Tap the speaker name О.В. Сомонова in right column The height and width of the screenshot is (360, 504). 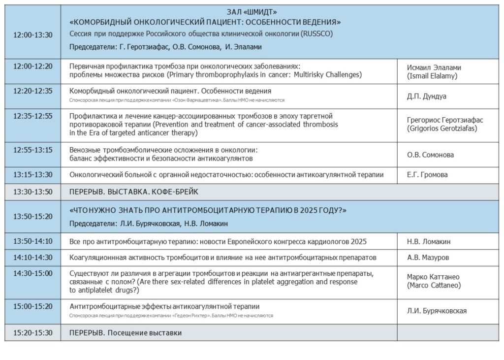click(x=430, y=155)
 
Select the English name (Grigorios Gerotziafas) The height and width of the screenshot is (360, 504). click(x=442, y=129)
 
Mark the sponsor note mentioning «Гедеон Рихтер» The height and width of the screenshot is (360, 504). click(x=171, y=315)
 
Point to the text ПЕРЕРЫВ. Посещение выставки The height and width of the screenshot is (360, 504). click(x=126, y=333)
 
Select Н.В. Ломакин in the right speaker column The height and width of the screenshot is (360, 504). click(x=429, y=241)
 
